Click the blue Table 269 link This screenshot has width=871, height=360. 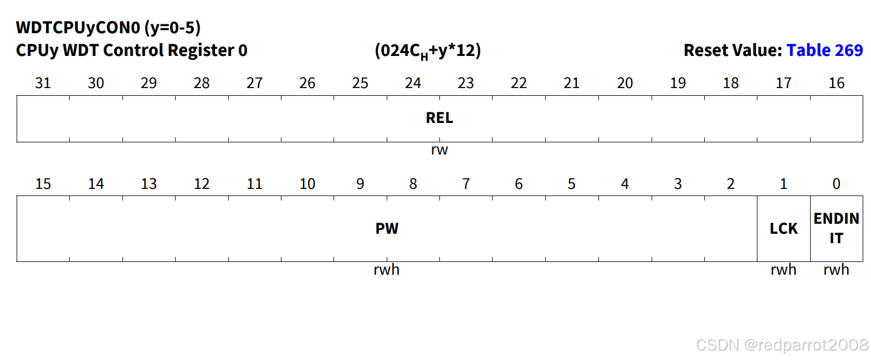[x=824, y=50]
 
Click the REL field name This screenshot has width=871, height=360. [x=439, y=118]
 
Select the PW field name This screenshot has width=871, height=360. [x=387, y=229]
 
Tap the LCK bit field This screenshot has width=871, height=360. [x=783, y=229]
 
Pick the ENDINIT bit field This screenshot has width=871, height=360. [x=836, y=228]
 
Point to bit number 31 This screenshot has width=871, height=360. [x=43, y=83]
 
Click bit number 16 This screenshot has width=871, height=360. [x=836, y=83]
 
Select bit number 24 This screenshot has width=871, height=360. [x=413, y=83]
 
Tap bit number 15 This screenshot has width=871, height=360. [x=43, y=184]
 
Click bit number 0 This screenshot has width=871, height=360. [x=836, y=184]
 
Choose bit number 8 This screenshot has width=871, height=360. [x=413, y=184]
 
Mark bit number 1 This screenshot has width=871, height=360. [x=783, y=184]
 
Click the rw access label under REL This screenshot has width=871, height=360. [x=439, y=150]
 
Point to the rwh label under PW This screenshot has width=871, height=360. [x=387, y=270]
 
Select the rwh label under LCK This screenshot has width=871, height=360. [x=783, y=270]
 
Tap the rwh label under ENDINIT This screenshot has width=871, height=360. [x=836, y=270]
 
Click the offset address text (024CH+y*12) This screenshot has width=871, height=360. [x=428, y=51]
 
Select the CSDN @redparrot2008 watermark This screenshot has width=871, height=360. [x=782, y=345]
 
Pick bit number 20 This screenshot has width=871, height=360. [x=624, y=83]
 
